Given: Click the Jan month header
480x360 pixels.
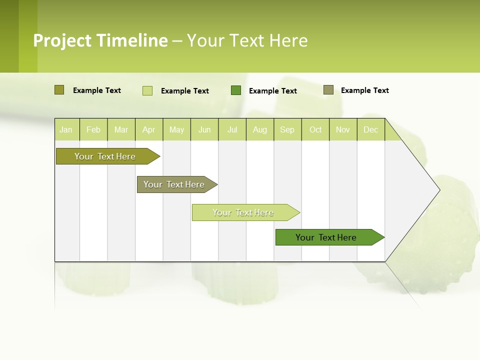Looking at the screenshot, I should tap(66, 129).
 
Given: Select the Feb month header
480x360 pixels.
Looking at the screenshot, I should tap(93, 129).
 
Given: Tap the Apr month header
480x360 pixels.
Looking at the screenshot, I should tap(148, 129).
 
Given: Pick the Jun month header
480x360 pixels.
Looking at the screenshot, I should tap(204, 129).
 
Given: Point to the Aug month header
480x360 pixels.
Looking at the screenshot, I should tap(259, 129).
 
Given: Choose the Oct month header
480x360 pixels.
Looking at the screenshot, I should tap(315, 129).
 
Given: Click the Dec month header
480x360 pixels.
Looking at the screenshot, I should tap(370, 129).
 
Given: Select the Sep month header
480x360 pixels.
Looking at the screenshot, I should tap(287, 129).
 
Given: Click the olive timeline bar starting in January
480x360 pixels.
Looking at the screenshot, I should tap(105, 156).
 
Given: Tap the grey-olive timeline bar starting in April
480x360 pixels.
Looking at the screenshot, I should tap(174, 184).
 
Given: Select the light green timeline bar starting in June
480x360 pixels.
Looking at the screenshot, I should tap(243, 212).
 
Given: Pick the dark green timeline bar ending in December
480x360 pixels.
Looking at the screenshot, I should tap(326, 237).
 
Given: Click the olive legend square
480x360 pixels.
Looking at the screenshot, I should tap(59, 90).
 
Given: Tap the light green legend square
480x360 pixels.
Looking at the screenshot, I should tap(147, 90).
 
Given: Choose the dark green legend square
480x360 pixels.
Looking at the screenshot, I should tap(236, 90).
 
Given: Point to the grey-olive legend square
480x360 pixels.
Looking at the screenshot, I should tap(328, 90).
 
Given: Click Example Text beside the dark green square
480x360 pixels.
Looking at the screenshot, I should tap(272, 91).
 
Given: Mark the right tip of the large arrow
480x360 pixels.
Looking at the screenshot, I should tap(439, 190).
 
